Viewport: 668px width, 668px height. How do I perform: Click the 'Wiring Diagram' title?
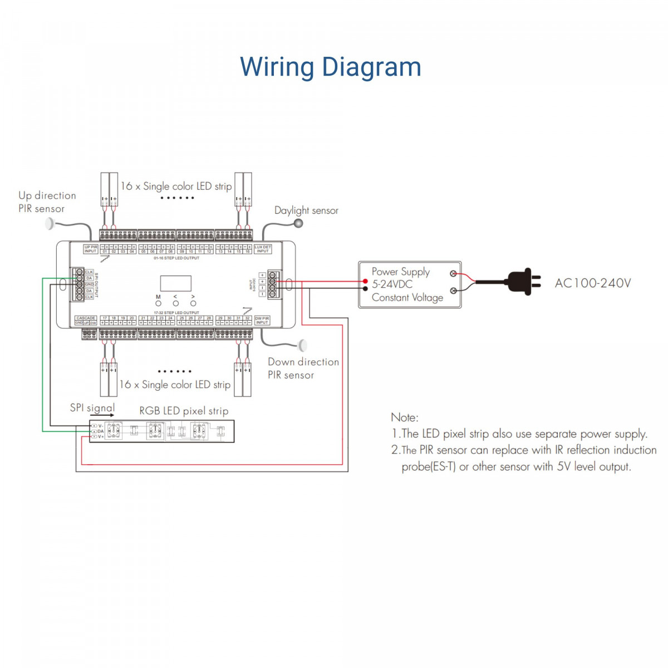(x=330, y=67)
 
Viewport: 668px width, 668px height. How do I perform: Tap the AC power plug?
(x=525, y=282)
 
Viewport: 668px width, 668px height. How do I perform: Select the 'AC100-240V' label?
(x=593, y=283)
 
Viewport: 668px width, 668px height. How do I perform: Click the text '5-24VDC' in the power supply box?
(x=392, y=284)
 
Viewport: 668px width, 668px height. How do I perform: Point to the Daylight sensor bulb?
(x=299, y=223)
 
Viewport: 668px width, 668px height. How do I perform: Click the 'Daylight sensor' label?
(x=306, y=210)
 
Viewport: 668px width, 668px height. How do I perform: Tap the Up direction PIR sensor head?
(x=50, y=224)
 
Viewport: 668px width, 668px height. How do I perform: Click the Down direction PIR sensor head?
(x=303, y=345)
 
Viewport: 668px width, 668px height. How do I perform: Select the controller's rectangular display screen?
(x=176, y=283)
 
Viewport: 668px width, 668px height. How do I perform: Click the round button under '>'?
(x=193, y=303)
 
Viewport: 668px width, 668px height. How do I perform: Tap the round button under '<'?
(x=176, y=303)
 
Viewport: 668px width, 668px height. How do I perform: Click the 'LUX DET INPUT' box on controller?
(x=263, y=249)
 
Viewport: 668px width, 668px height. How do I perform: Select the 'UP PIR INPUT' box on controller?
(x=90, y=249)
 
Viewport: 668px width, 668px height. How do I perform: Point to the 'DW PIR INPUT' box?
(x=262, y=320)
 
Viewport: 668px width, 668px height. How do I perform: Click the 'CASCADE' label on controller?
(x=86, y=318)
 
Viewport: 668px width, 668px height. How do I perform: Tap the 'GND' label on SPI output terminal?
(x=89, y=284)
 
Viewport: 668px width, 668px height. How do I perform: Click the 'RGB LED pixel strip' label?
(x=184, y=411)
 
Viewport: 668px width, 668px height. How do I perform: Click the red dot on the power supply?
(x=365, y=282)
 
